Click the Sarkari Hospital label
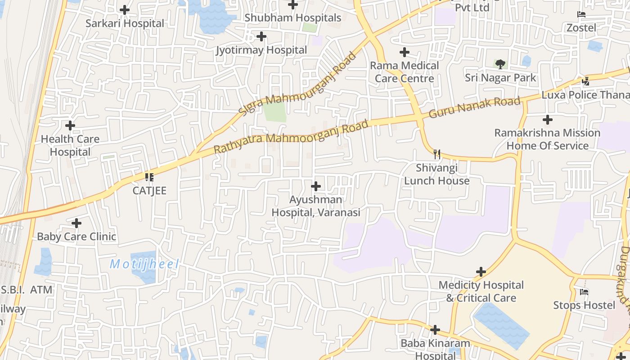click(x=125, y=23)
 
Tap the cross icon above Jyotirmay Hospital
click(x=261, y=36)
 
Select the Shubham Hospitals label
click(x=293, y=18)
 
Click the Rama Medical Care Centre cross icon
click(x=405, y=52)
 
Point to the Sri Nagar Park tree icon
click(x=500, y=64)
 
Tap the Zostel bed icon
click(x=581, y=14)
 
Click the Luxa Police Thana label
click(x=585, y=95)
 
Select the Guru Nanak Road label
click(x=474, y=107)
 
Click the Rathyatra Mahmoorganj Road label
click(x=291, y=136)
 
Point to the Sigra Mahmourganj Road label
click(x=297, y=84)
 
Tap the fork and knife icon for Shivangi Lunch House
click(x=436, y=154)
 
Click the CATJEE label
click(x=149, y=190)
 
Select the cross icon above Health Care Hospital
click(x=70, y=126)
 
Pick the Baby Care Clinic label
click(x=76, y=236)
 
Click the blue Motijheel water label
click(x=144, y=264)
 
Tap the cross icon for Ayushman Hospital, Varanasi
click(x=316, y=186)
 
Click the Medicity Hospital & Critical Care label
click(x=481, y=291)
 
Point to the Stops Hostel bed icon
click(x=584, y=292)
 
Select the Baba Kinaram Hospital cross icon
click(x=435, y=330)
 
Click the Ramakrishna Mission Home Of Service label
click(x=547, y=139)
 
